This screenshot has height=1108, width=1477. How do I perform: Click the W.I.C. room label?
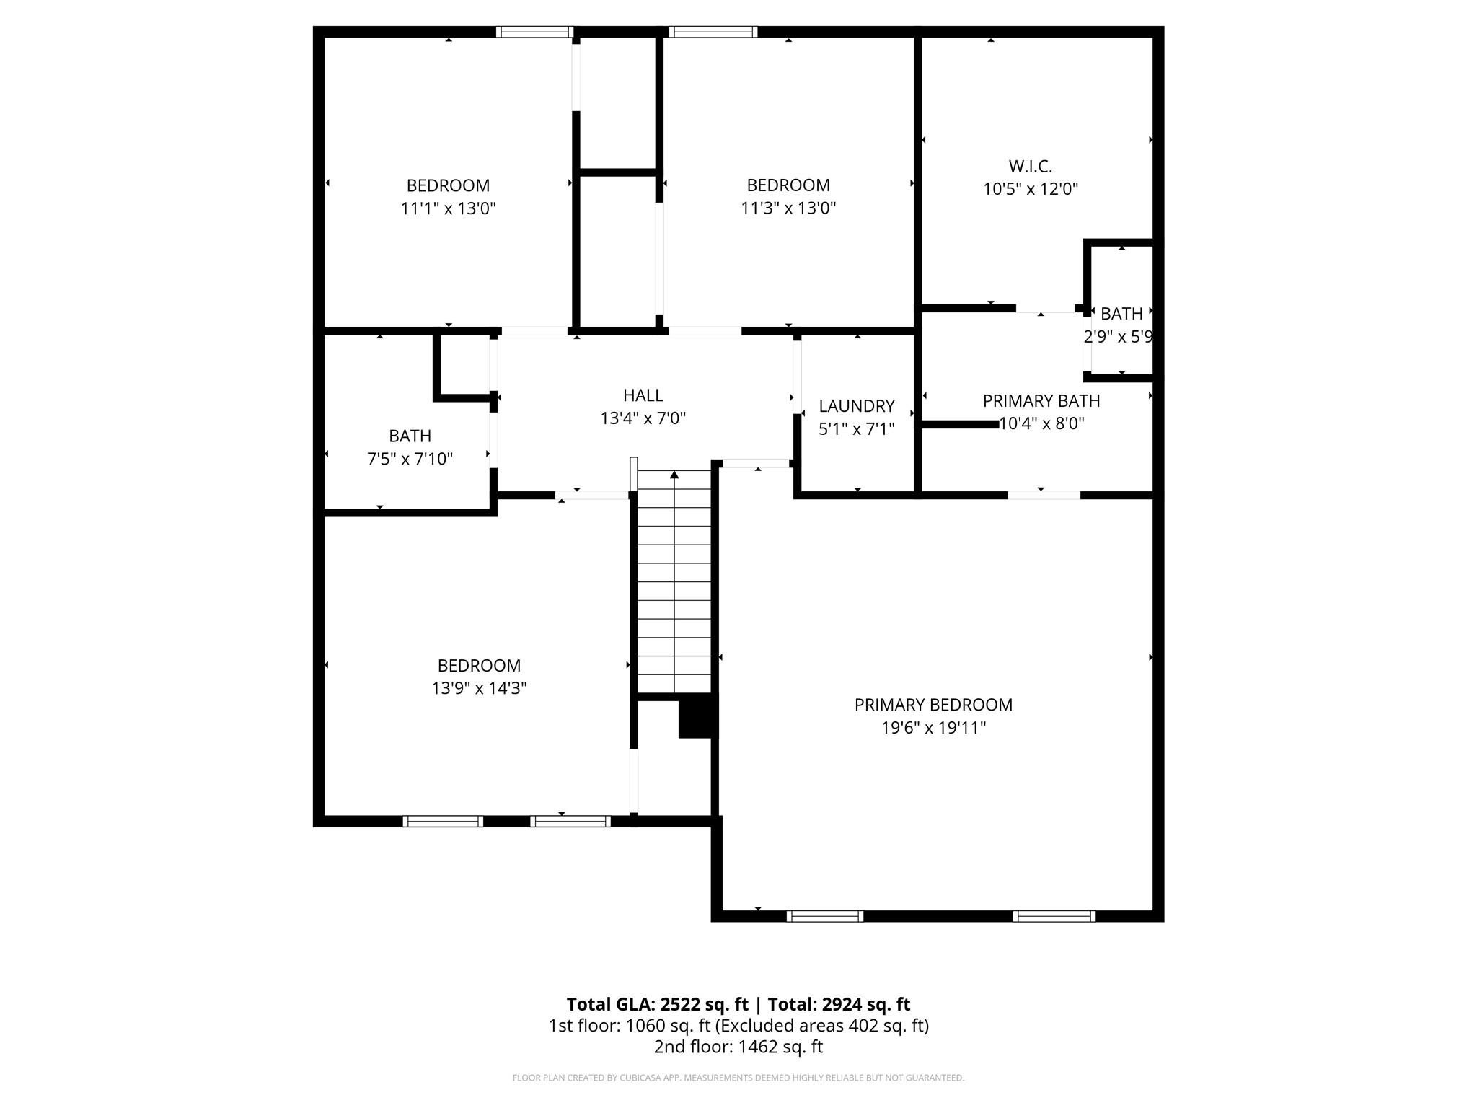1030,167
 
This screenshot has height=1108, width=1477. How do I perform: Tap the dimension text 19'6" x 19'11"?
933,728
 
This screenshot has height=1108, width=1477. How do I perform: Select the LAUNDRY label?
857,406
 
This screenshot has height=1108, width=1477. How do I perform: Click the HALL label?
643,395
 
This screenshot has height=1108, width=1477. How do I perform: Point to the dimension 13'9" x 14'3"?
479,688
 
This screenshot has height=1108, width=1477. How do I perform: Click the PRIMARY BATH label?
1041,401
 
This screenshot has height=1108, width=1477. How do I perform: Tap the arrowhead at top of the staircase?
674,475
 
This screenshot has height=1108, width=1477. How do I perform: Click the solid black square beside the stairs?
697,716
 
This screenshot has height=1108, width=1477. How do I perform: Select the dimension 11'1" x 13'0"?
448,208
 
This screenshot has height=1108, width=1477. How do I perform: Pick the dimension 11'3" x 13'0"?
788,208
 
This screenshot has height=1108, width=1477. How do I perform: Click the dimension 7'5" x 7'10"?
410,459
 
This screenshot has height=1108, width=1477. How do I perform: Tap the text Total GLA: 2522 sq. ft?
657,1004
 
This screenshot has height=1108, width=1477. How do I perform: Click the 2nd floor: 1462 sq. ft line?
738,1047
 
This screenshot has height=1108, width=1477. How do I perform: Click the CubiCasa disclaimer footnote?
738,1078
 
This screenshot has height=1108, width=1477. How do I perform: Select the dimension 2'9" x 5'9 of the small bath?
1118,337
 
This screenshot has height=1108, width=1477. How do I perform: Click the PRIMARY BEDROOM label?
933,705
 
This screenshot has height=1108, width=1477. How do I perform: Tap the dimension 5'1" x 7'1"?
857,429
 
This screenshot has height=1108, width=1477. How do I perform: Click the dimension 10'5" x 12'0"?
1030,189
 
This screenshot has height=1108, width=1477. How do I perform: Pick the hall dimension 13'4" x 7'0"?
643,418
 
